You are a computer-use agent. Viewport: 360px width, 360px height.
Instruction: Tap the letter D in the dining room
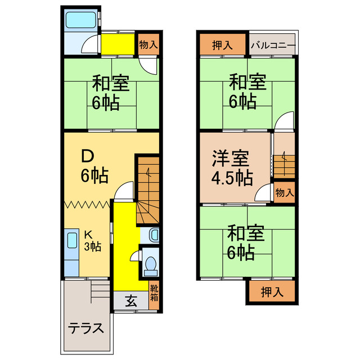tap(88, 155)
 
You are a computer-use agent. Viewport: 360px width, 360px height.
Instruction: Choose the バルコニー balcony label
tap(273, 45)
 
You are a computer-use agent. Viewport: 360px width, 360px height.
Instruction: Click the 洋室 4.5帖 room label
tap(232, 167)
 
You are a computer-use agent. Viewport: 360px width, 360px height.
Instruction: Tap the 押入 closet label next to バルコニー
tap(222, 45)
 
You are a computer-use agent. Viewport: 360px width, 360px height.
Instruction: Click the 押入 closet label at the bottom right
tap(271, 291)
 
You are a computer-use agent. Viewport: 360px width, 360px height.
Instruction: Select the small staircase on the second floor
tap(283, 164)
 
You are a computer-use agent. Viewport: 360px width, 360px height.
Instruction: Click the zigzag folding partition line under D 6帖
tap(88, 204)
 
